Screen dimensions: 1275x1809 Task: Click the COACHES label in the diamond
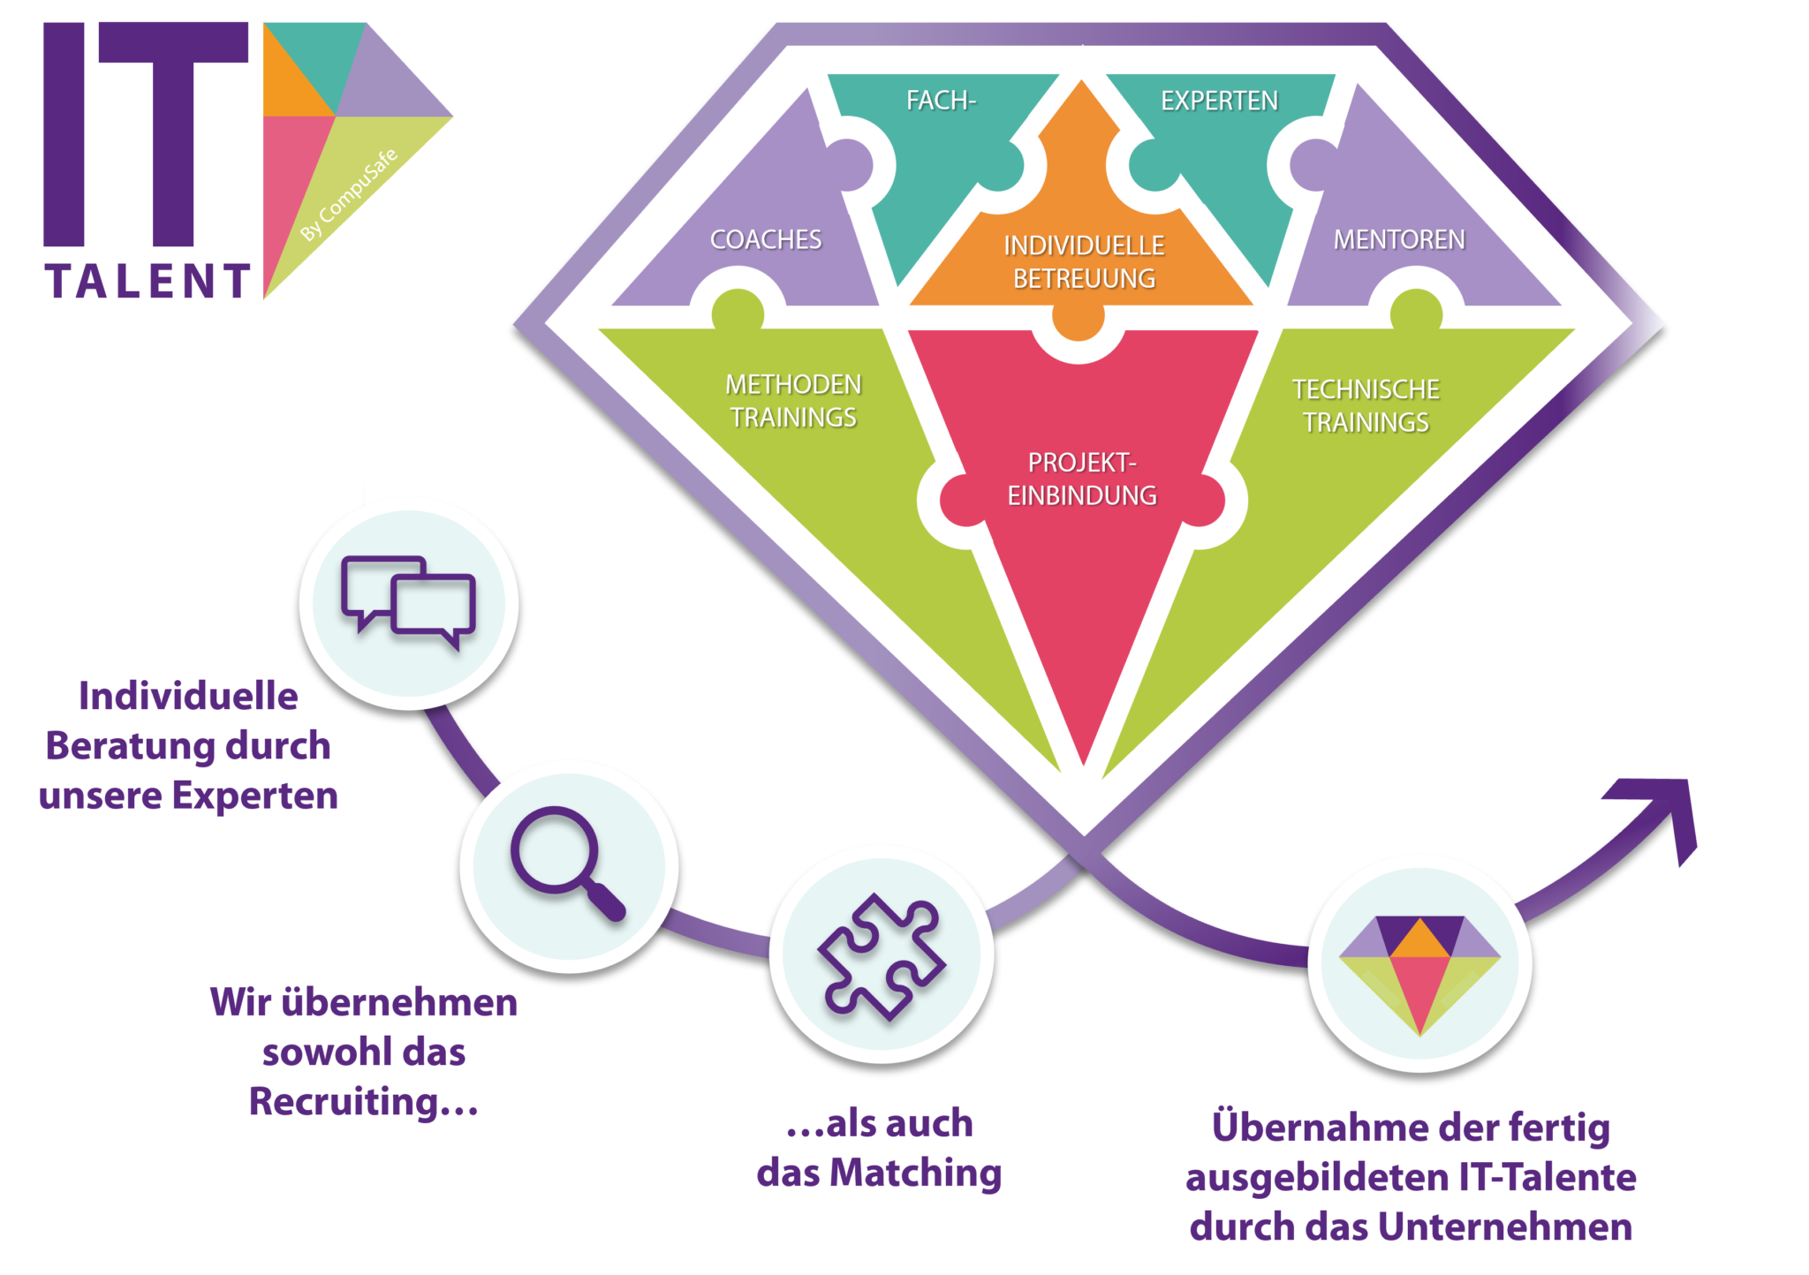point(766,239)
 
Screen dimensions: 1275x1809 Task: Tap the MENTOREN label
point(1399,239)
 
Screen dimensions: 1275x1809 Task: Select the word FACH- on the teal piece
point(941,101)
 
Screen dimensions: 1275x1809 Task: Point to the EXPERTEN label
point(1219,102)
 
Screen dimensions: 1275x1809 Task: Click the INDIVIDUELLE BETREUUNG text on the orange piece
point(1084,262)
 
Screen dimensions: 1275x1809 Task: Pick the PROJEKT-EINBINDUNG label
point(1082,479)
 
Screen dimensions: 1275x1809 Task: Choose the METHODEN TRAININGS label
point(793,401)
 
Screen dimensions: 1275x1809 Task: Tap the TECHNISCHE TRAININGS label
point(1366,405)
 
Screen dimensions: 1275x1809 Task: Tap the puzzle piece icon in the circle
point(882,956)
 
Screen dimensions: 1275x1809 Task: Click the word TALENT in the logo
point(148,282)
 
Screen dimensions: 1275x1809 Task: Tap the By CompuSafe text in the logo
point(350,195)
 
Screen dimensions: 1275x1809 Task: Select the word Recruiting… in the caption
point(363,1102)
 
